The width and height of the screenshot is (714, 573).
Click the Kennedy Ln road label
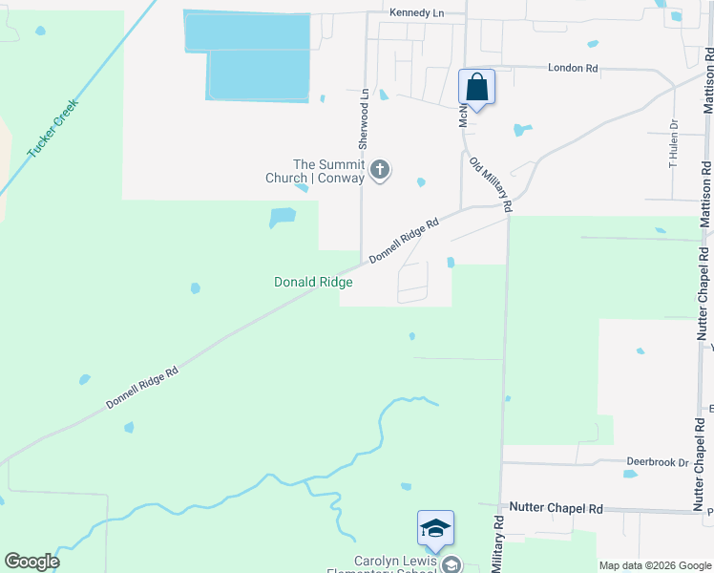[417, 12]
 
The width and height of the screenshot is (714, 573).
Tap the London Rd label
[572, 69]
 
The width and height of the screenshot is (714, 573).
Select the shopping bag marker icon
[476, 88]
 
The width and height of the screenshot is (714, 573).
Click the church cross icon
[380, 171]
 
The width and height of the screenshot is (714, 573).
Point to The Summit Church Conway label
[315, 171]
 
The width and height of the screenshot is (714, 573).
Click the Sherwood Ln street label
[363, 119]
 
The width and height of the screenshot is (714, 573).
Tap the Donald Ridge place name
[313, 282]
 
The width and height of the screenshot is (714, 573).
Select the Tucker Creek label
[52, 128]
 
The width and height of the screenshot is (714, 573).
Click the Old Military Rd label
[492, 184]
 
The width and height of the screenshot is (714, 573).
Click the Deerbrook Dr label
[657, 462]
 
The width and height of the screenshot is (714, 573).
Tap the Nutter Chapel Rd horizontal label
[556, 509]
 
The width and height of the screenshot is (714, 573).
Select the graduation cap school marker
[435, 528]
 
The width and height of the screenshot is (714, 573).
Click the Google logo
[31, 562]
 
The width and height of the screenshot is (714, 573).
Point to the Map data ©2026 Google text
[654, 565]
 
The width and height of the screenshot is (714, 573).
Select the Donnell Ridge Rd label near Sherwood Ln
[403, 241]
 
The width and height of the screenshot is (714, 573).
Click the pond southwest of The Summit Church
[282, 218]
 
